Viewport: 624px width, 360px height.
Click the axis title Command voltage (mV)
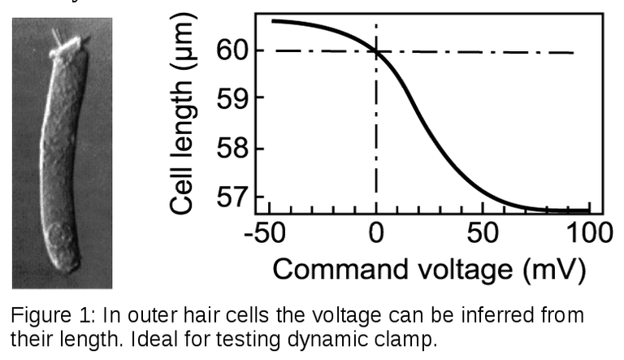(x=428, y=269)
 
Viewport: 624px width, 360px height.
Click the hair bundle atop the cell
(x=61, y=40)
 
